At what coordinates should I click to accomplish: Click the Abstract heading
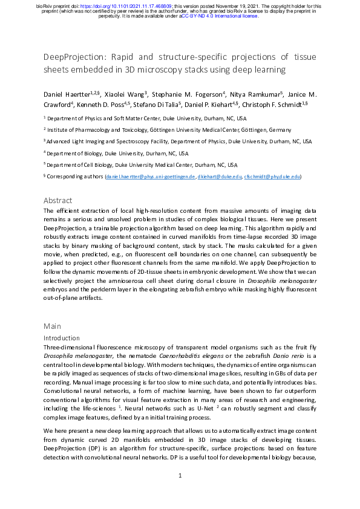click(x=58, y=200)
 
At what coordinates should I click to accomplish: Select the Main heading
click(x=52, y=326)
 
